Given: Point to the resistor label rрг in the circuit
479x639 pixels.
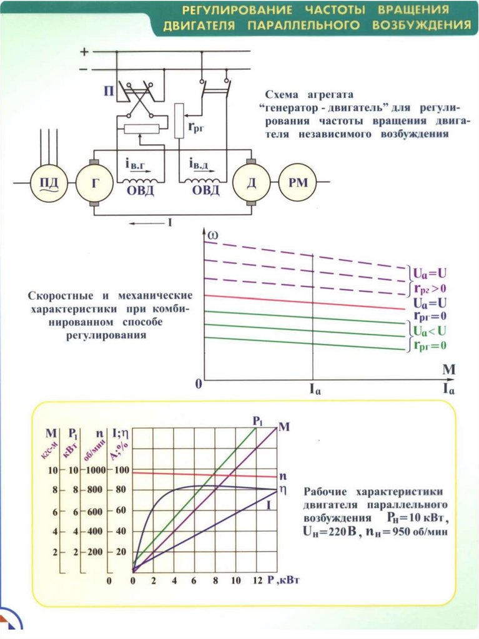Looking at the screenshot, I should [x=195, y=128].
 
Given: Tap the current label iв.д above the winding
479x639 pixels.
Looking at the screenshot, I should [x=200, y=164].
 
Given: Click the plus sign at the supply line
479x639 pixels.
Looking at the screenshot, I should [x=85, y=52].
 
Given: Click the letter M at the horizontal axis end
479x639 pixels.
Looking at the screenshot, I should [x=449, y=369].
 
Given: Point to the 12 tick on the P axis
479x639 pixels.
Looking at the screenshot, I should [x=256, y=580].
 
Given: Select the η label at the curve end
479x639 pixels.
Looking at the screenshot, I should [x=282, y=489].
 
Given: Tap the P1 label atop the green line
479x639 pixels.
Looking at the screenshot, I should [x=259, y=421].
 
